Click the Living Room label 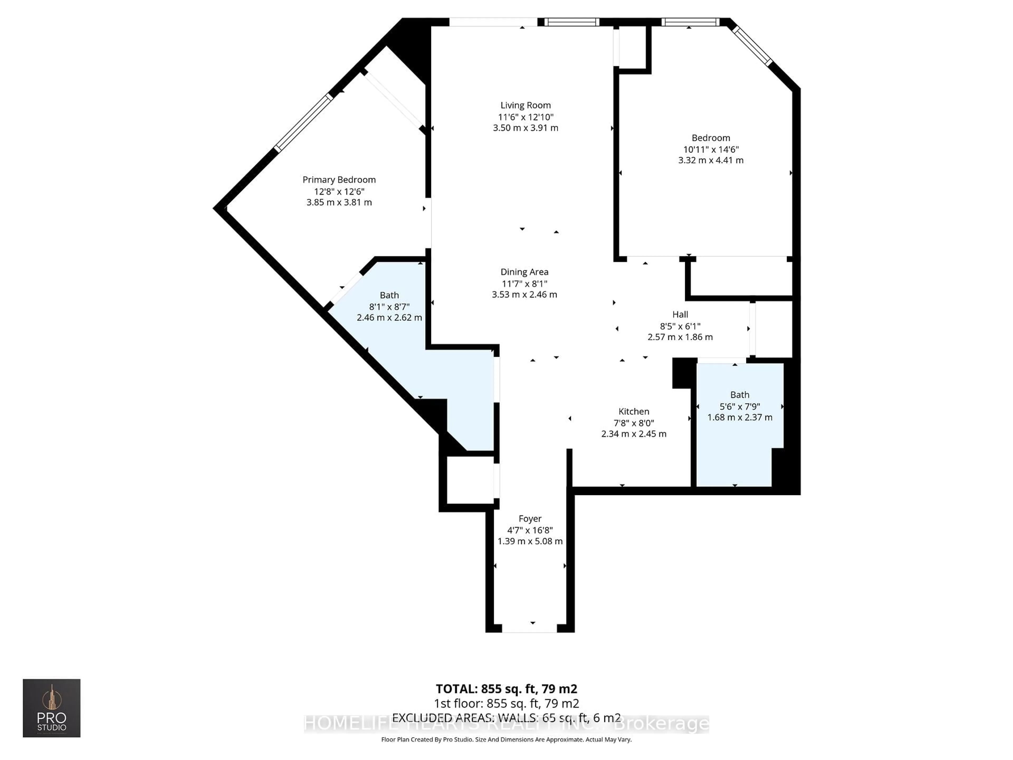tap(525, 105)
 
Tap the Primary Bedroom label tap(339, 180)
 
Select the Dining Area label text tap(524, 272)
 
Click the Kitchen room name tap(633, 411)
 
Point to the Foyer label tap(530, 519)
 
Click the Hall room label tap(680, 314)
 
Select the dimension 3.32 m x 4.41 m tap(711, 160)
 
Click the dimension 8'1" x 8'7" tap(389, 306)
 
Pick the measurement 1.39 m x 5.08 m tap(530, 541)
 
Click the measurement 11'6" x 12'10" tap(525, 117)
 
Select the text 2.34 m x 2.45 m tap(633, 434)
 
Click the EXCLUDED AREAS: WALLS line tap(506, 718)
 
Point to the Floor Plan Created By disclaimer tap(506, 739)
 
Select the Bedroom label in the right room tap(711, 138)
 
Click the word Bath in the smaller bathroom tap(740, 395)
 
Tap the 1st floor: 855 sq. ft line tap(506, 703)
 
